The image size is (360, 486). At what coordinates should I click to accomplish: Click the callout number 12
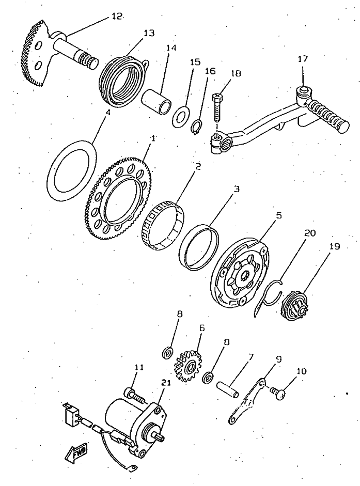pyautogui.click(x=117, y=16)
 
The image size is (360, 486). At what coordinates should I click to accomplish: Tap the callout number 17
pyautogui.click(x=303, y=59)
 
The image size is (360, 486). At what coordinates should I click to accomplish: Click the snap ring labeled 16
pyautogui.click(x=196, y=126)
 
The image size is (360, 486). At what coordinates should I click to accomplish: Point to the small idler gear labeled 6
pyautogui.click(x=189, y=365)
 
